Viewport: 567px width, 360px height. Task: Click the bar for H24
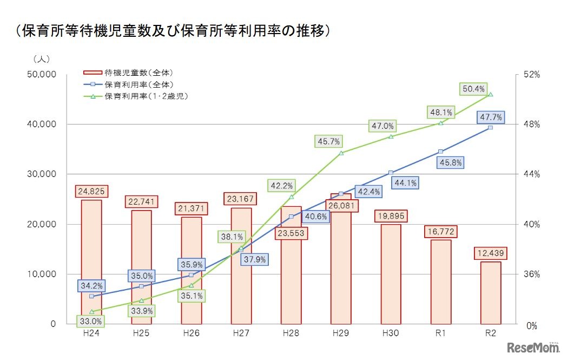pos(91,263)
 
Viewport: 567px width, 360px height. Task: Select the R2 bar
pos(491,292)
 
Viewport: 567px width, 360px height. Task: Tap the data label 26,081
pos(341,206)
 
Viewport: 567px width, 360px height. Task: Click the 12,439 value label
pos(491,252)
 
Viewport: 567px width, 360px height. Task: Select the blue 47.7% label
pos(491,116)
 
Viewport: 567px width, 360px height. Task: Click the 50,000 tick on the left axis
pos(41,75)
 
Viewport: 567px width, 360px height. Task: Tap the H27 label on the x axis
pos(241,333)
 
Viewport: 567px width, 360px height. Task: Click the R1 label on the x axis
pos(440,333)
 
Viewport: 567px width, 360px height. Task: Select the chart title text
pos(172,31)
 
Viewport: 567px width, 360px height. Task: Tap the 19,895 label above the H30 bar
pos(391,216)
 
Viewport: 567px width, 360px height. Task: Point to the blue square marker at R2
pos(491,127)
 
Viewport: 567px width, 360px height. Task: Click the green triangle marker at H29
pos(341,153)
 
